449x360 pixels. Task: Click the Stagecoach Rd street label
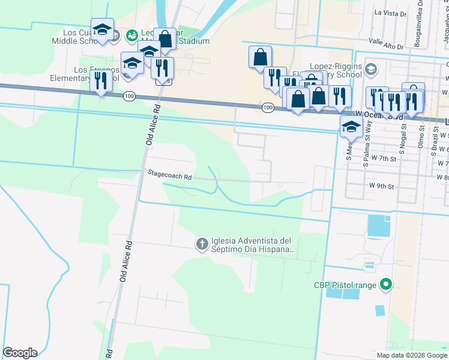click(170, 177)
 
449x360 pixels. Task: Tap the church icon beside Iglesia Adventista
click(202, 244)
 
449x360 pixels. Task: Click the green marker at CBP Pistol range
click(387, 285)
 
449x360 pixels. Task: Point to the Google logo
click(20, 353)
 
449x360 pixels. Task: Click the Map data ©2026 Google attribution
click(412, 355)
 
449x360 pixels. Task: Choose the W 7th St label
click(384, 158)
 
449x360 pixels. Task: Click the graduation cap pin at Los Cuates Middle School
click(103, 31)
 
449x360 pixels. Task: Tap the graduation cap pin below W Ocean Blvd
click(351, 127)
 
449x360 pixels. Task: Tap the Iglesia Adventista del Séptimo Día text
click(252, 244)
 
